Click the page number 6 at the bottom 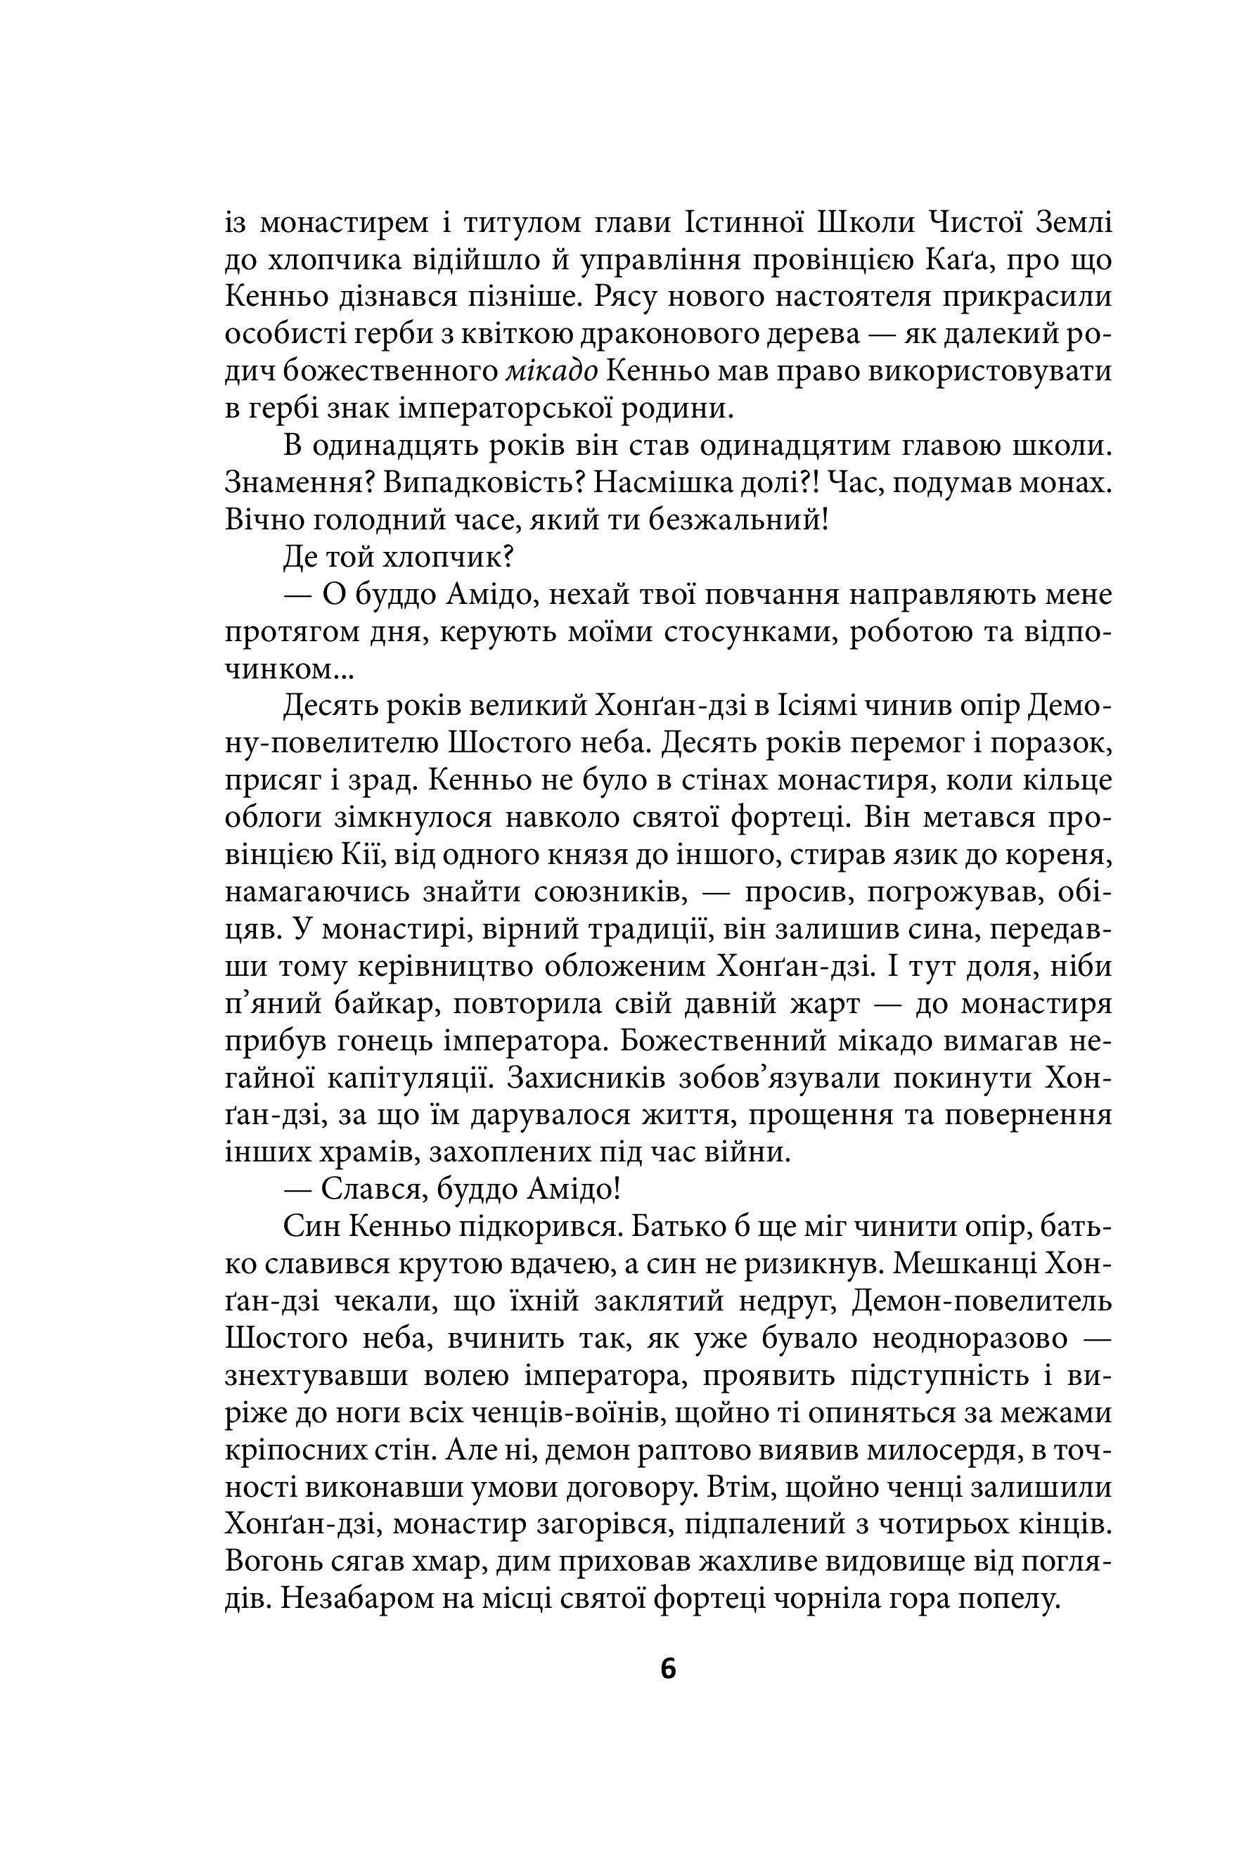(667, 1668)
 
